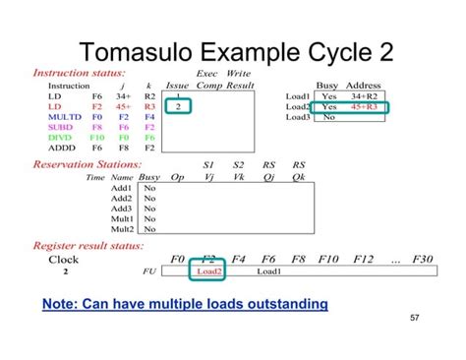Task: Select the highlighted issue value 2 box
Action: click(x=177, y=106)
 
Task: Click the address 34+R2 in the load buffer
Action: click(x=364, y=96)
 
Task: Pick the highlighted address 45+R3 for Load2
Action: click(x=364, y=107)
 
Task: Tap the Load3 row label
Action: click(x=298, y=117)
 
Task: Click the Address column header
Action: click(x=364, y=86)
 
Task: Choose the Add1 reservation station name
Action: click(x=122, y=187)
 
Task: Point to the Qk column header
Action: click(x=299, y=177)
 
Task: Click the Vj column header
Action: click(x=208, y=177)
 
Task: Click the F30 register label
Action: click(x=422, y=260)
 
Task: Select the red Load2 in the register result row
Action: click(x=209, y=271)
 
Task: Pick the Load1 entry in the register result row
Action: click(x=268, y=271)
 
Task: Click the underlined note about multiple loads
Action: click(x=185, y=304)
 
